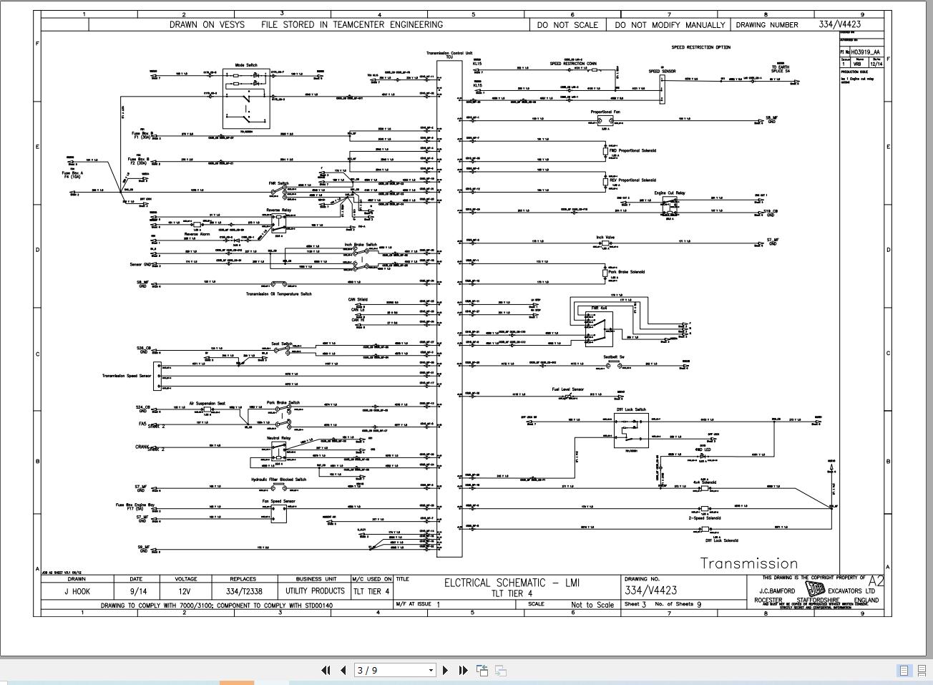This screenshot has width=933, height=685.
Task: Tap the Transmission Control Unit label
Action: coord(449,53)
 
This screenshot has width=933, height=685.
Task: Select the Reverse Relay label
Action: coord(278,210)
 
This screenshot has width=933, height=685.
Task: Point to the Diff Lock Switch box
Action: coord(631,430)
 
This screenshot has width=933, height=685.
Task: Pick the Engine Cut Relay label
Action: coord(669,193)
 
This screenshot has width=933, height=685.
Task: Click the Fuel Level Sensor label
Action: coord(567,389)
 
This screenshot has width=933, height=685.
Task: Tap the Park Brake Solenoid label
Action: coord(626,272)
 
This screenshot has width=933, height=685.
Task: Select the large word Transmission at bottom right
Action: coord(748,563)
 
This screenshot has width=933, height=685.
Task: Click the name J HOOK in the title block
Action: coord(76,591)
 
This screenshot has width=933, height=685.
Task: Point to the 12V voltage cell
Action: coord(185,591)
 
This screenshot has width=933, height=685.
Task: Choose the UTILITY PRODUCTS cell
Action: coord(315,591)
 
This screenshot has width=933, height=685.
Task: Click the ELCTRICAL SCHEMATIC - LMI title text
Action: coord(512,583)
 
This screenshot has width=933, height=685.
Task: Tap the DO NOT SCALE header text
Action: coord(567,24)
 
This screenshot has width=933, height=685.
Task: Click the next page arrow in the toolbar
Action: coord(446,670)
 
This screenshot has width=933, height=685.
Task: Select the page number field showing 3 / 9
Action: coord(395,670)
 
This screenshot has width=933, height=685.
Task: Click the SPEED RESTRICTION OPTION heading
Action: coord(700,47)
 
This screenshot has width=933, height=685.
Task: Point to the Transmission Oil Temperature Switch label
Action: coord(278,294)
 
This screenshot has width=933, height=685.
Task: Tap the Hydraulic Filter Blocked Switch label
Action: coord(278,480)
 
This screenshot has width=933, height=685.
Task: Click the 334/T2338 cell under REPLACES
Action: coord(243,591)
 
